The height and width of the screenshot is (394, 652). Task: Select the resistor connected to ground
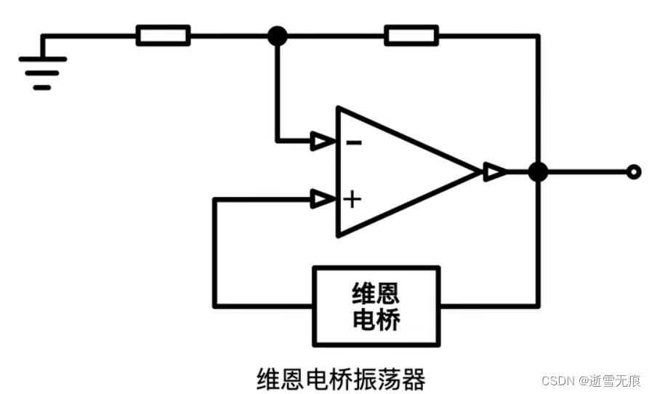pos(163,35)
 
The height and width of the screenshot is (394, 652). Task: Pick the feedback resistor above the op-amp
pos(411,35)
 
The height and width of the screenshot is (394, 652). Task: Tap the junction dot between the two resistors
pos(277,35)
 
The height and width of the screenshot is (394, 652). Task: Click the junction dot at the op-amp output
pos(538,172)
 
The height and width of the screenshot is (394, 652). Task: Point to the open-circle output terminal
pos(634,172)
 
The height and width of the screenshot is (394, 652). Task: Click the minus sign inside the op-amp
pos(354,142)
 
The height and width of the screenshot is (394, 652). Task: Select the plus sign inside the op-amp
pos(353,198)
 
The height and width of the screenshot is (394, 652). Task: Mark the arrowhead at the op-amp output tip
pos(494,172)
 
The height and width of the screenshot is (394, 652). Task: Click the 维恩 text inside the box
pos(376,294)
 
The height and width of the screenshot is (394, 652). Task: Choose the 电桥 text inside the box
pos(376,319)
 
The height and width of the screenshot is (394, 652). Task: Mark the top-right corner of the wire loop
pos(538,35)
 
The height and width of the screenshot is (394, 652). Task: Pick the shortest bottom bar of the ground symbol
pos(42,87)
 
